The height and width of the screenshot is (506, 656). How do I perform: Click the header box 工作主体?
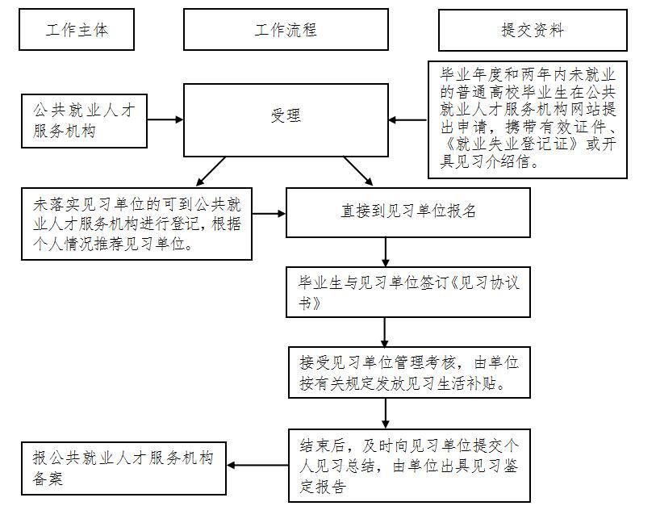click(77, 30)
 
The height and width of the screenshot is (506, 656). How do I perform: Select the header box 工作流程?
click(286, 30)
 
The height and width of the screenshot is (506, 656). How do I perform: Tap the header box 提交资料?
click(533, 30)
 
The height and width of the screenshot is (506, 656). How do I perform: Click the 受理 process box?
click(286, 116)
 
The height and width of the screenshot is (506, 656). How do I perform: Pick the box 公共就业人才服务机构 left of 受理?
click(85, 120)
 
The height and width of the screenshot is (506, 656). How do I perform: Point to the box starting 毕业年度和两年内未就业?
click(528, 117)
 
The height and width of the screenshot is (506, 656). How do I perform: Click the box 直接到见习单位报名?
click(408, 212)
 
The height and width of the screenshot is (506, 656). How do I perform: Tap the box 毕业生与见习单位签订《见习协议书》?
click(408, 292)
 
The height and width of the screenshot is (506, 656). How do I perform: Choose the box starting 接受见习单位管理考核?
click(408, 372)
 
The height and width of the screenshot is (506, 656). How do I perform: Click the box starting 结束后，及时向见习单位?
click(408, 464)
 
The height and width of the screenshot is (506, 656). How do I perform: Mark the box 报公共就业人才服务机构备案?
click(123, 468)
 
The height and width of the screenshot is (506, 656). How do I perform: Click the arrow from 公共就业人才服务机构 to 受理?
click(165, 120)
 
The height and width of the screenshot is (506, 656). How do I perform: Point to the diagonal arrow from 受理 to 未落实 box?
click(211, 171)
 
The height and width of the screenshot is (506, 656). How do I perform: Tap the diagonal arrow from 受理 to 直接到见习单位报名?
click(358, 171)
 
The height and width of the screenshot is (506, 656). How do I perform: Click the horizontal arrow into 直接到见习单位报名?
click(270, 214)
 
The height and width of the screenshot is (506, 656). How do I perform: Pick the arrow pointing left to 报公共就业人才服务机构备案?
click(257, 465)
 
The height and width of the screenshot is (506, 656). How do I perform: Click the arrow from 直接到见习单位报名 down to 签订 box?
click(385, 252)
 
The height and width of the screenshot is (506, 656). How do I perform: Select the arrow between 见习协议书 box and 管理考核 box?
click(385, 332)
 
